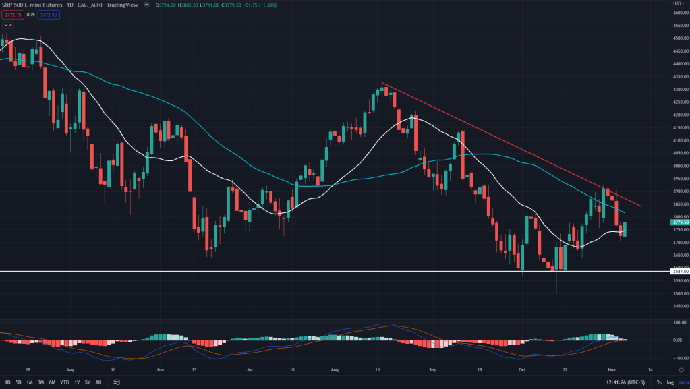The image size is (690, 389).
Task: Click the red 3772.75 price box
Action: pos(12,15)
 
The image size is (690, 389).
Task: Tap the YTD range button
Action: pos(64,382)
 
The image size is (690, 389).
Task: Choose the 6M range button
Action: pos(51,382)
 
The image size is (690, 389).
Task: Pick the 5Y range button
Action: pos(87,382)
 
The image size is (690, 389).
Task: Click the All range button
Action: pos(98,382)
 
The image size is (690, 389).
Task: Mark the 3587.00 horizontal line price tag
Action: pos(679,272)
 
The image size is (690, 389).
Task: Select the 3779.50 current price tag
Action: pos(679,222)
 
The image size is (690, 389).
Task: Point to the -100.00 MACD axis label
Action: pos(679,358)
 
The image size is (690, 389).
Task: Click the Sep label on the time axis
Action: pos(432,370)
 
